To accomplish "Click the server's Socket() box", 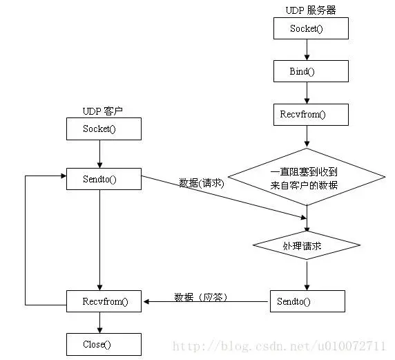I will (311, 28).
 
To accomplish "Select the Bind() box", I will (311, 71).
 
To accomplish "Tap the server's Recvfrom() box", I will (311, 115).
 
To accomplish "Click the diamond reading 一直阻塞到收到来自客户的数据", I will (307, 178).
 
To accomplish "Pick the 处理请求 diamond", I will (307, 245).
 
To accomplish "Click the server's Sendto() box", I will (307, 301).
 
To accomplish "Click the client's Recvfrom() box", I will (104, 301).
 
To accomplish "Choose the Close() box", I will (104, 344).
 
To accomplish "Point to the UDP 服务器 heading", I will (310, 10).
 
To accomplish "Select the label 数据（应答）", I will (201, 297).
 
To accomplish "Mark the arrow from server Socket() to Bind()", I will (311, 50).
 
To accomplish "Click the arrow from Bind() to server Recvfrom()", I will (311, 93).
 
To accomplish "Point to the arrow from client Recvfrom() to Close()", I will (101, 322).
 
